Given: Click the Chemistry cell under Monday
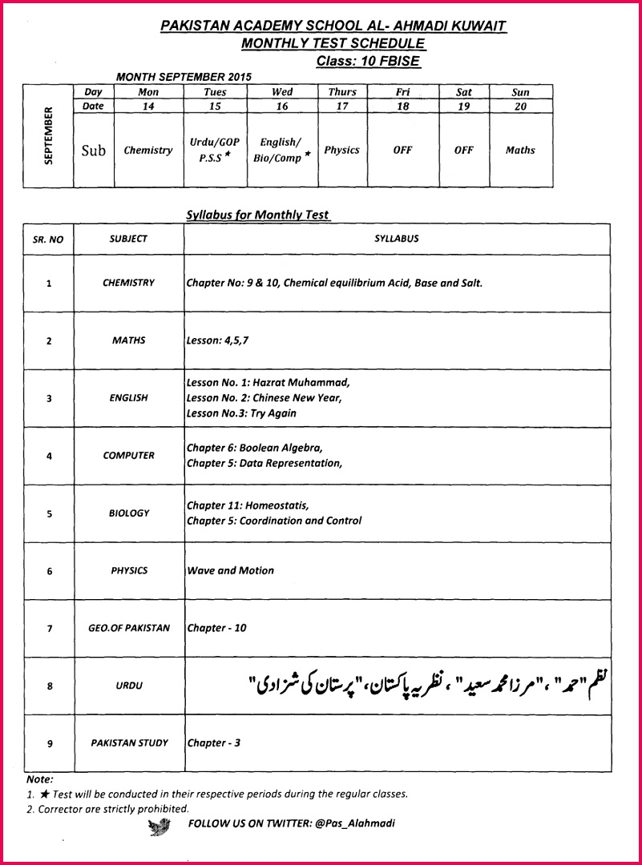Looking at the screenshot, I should [148, 150].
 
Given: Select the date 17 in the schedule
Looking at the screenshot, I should [341, 106].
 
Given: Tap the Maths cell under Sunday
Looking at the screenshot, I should [520, 150].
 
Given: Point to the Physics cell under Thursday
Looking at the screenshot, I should [341, 150].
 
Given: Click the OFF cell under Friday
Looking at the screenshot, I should [403, 150].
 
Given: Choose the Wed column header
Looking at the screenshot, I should [282, 92].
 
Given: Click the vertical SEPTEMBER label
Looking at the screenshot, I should [48, 135].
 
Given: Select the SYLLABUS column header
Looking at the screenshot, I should [396, 239].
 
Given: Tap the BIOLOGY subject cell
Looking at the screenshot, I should [129, 513].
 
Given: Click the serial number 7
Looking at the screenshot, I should [49, 629].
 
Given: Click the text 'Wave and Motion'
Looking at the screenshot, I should [230, 570].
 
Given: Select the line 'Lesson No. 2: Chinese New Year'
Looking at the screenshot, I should [264, 397].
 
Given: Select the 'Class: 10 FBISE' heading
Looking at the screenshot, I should [367, 61].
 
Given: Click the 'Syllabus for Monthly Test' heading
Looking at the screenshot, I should [257, 215].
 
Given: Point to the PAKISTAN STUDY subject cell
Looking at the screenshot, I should [129, 743].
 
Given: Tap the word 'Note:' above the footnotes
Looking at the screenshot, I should [39, 778].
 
